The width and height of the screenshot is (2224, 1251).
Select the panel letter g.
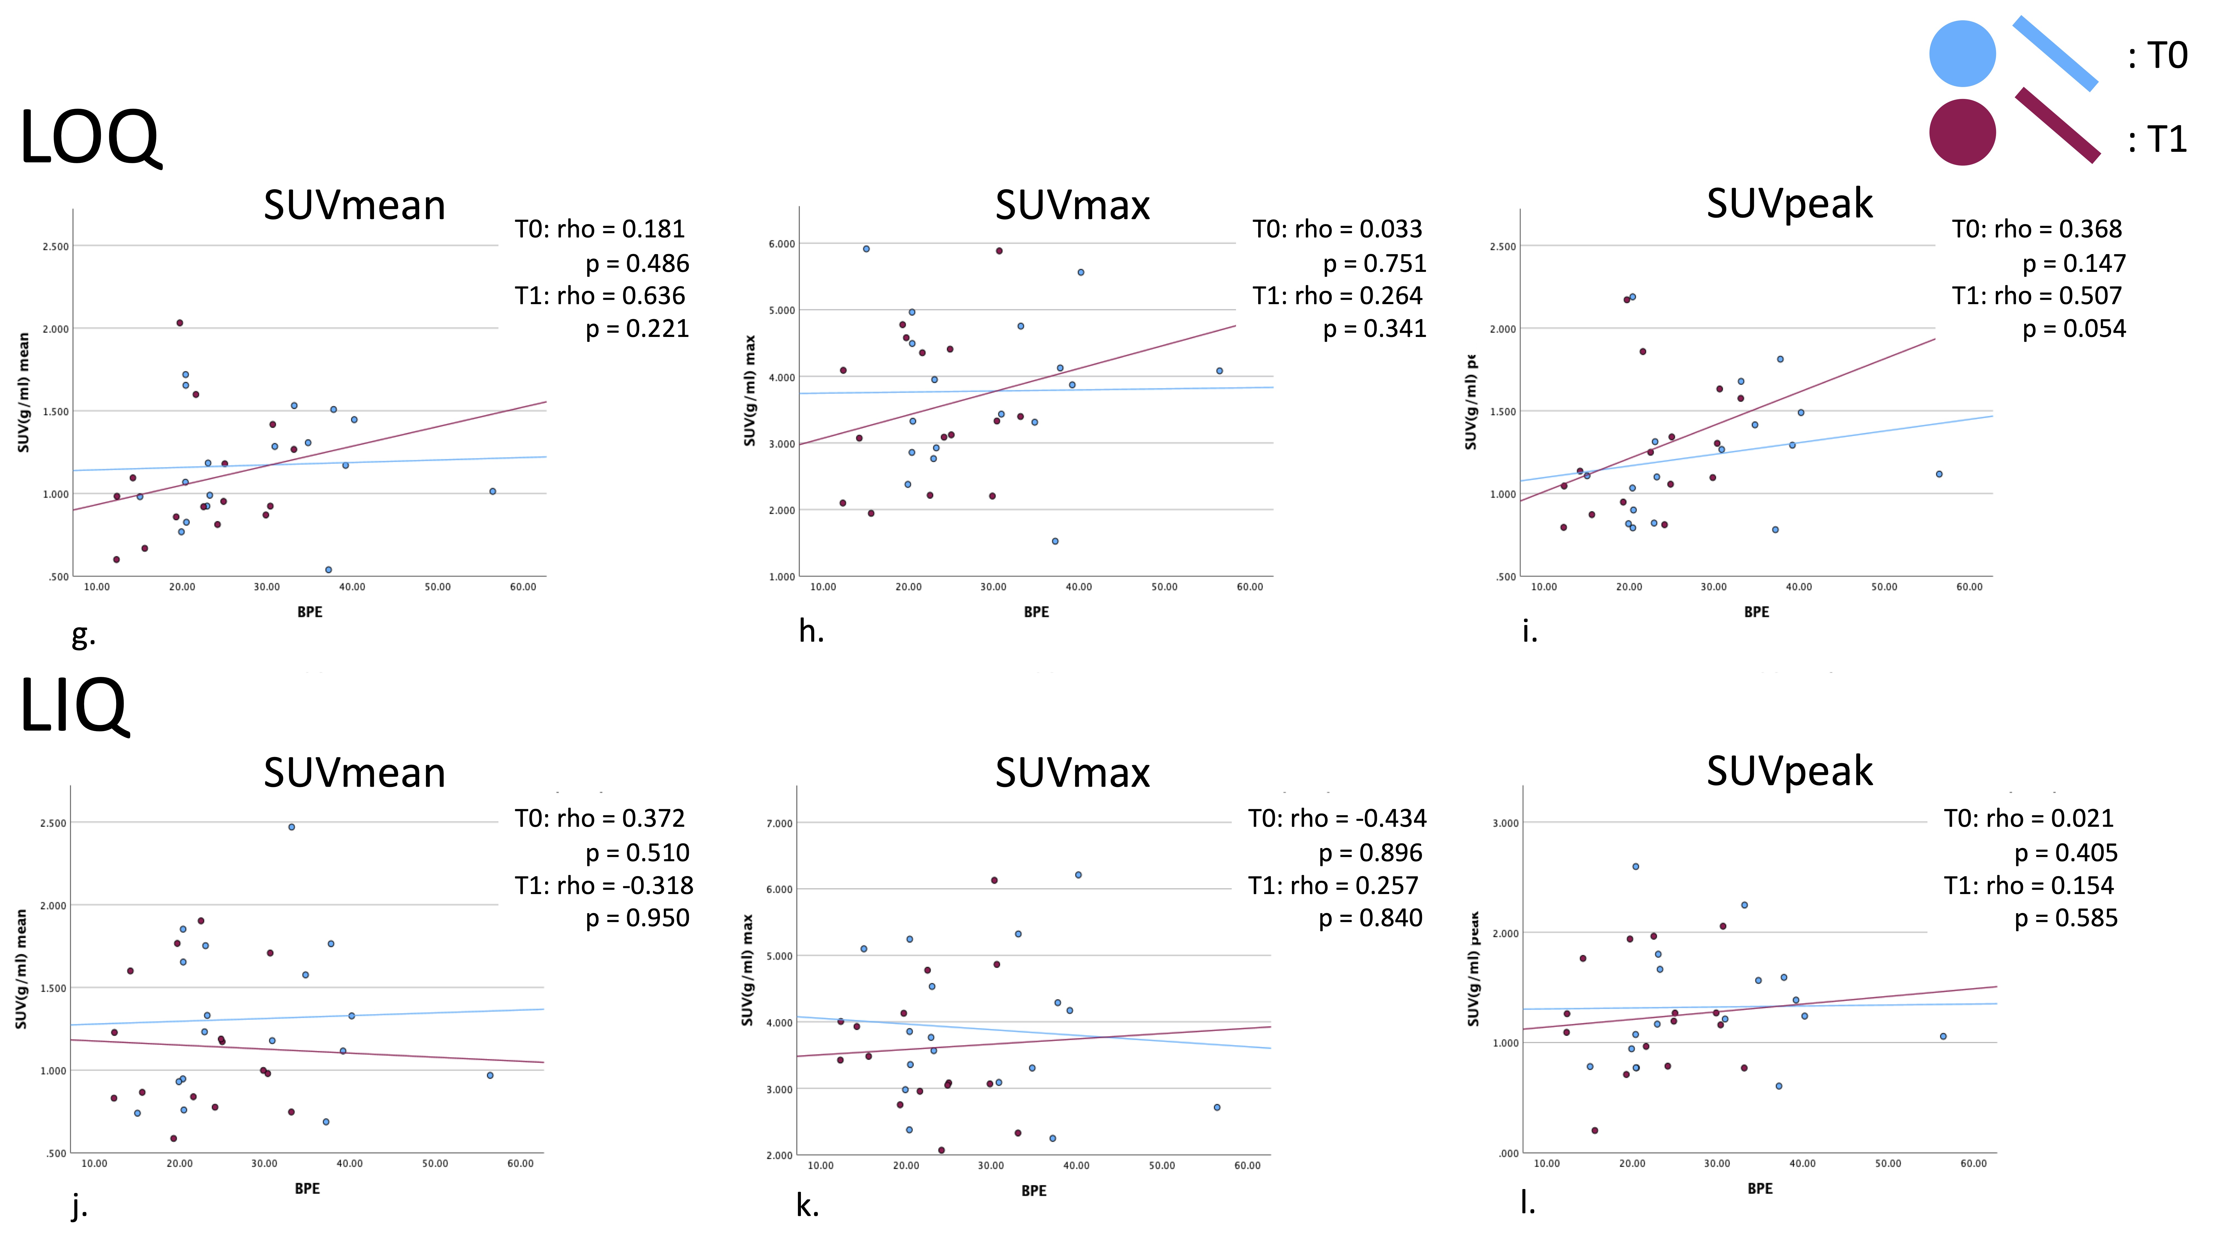pos(83,636)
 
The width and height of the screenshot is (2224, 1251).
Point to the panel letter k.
pos(807,1205)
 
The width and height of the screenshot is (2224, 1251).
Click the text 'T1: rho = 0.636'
pos(600,296)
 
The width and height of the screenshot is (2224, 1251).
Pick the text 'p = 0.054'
pos(2074,329)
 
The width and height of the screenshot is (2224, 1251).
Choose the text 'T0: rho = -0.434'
pos(1336,818)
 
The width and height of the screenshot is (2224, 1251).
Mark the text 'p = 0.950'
pos(637,918)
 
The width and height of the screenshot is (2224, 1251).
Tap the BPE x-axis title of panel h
pos(1036,612)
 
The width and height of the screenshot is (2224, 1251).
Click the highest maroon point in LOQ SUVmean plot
pos(180,323)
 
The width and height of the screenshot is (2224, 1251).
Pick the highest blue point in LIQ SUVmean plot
pos(292,827)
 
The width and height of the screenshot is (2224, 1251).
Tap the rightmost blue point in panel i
pos(1939,474)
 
